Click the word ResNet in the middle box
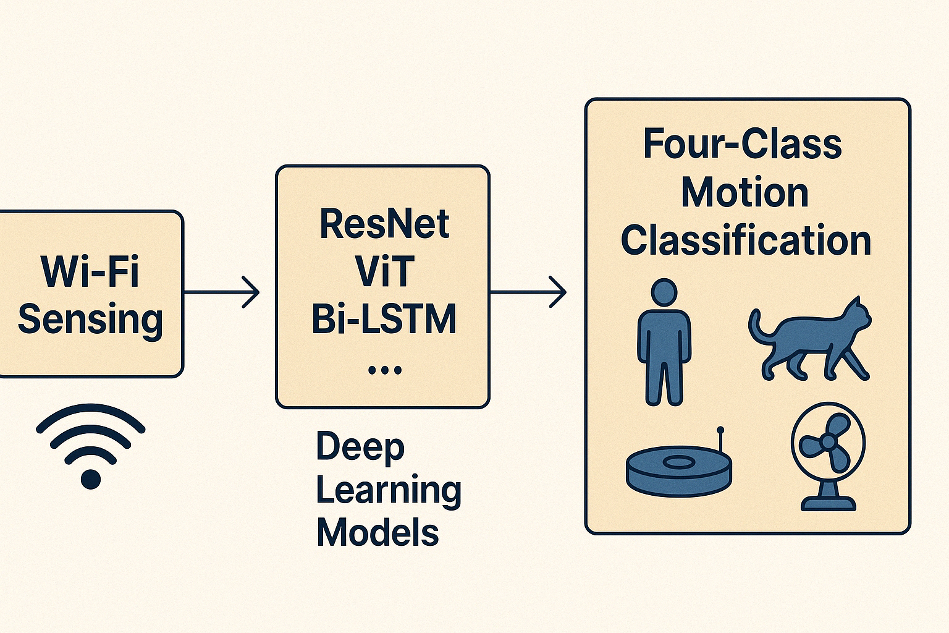point(384,224)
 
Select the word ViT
point(384,272)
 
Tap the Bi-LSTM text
point(384,320)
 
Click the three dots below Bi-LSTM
point(384,370)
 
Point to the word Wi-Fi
point(90,271)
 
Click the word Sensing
point(90,320)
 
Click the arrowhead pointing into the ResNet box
point(253,292)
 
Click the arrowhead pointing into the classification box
point(560,292)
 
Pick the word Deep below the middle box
point(360,447)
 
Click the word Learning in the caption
point(389,490)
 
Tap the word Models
point(377,533)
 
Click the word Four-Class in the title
point(743,145)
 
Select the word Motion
point(745,193)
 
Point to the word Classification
point(746,240)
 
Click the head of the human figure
point(664,292)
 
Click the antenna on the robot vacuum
point(720,442)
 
